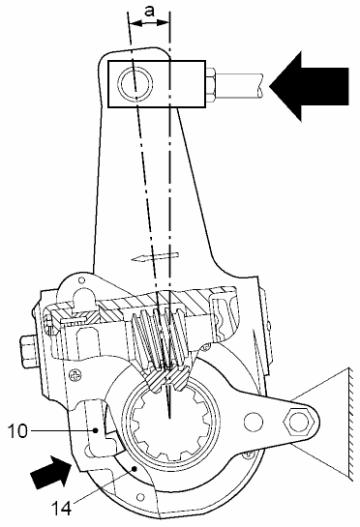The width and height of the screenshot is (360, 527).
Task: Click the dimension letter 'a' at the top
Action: click(149, 11)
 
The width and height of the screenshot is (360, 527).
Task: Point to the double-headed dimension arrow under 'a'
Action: click(149, 23)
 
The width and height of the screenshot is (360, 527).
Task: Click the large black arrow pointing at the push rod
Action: click(309, 86)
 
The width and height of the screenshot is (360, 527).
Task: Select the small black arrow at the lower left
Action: click(50, 471)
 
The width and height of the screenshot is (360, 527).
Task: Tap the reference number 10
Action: click(17, 431)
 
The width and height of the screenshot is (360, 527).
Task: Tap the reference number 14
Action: click(61, 508)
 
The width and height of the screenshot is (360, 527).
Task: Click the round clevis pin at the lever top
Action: click(135, 83)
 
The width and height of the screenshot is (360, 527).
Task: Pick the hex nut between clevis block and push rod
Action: click(210, 85)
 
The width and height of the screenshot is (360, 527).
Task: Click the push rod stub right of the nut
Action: click(239, 85)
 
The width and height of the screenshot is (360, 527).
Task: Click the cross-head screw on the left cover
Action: click(75, 375)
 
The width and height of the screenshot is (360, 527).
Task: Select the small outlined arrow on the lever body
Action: click(155, 257)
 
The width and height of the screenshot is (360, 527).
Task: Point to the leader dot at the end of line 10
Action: click(96, 430)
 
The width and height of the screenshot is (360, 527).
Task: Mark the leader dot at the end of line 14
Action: click(135, 468)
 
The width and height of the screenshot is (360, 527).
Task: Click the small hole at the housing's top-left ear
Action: click(81, 279)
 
